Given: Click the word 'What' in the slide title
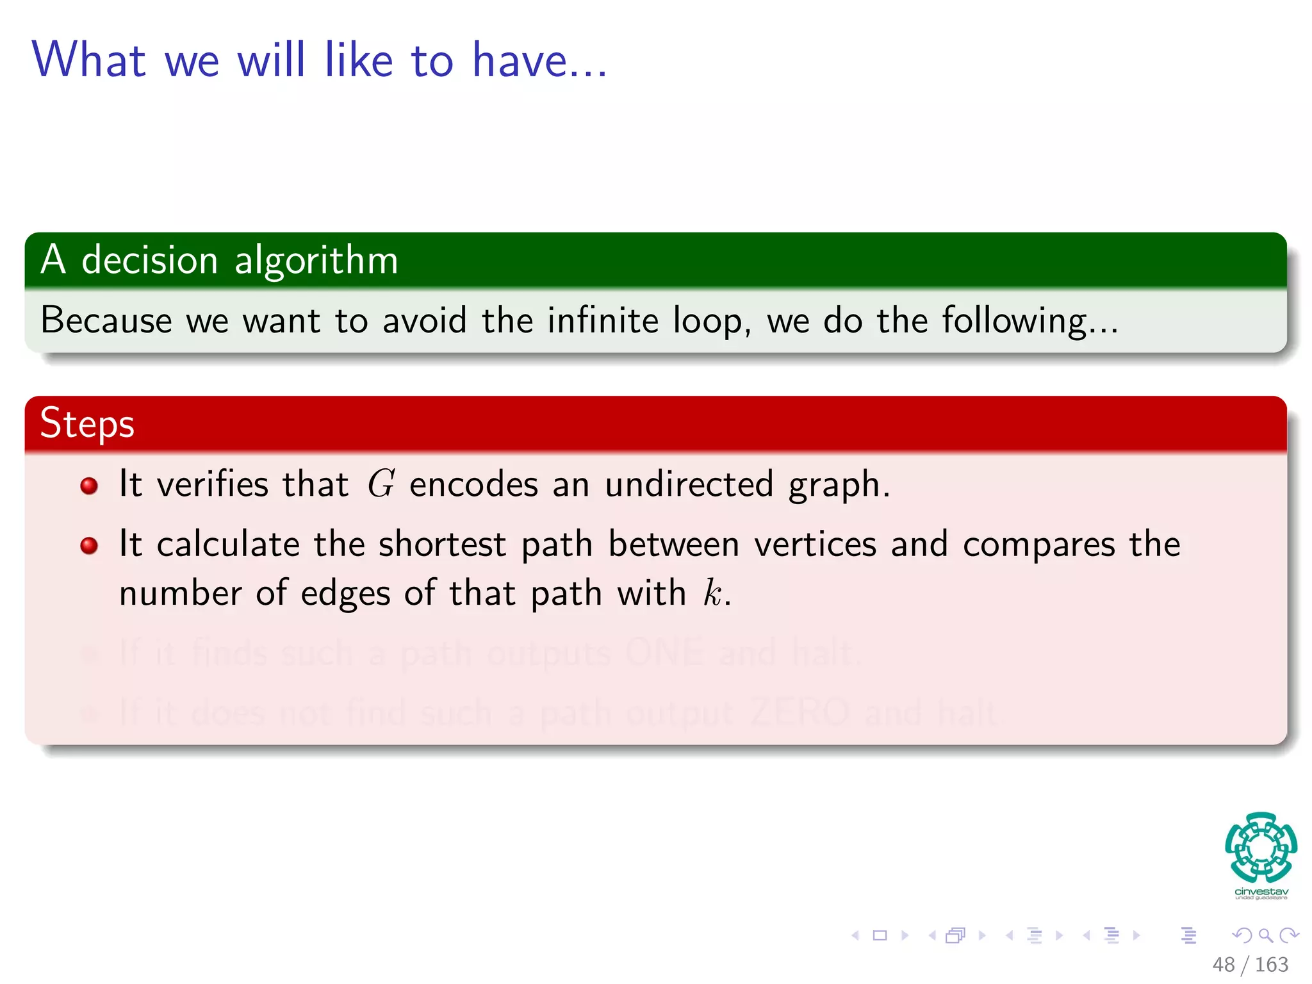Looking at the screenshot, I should click(89, 60).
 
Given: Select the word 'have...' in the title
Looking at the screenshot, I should click(539, 60).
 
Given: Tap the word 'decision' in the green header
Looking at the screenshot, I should click(150, 261).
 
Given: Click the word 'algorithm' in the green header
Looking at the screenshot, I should click(316, 261).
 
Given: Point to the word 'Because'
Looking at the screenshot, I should click(106, 320).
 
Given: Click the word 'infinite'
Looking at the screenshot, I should click(603, 320).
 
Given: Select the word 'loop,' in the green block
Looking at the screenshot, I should click(712, 322).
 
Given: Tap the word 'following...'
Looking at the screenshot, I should click(1029, 322).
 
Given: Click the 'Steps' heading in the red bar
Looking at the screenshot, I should click(87, 424).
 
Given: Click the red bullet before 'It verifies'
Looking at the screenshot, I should click(89, 486).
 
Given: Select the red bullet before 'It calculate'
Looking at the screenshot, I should click(89, 546).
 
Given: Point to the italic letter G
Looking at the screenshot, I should click(381, 484).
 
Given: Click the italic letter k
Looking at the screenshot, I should click(712, 593).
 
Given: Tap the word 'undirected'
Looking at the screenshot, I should click(689, 484).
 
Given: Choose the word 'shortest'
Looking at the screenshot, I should click(442, 545).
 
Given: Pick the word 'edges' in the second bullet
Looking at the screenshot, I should click(345, 594).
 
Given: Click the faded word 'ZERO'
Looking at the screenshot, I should click(799, 712).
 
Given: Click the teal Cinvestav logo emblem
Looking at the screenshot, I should click(1261, 847).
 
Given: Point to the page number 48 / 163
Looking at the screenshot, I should click(1250, 964).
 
